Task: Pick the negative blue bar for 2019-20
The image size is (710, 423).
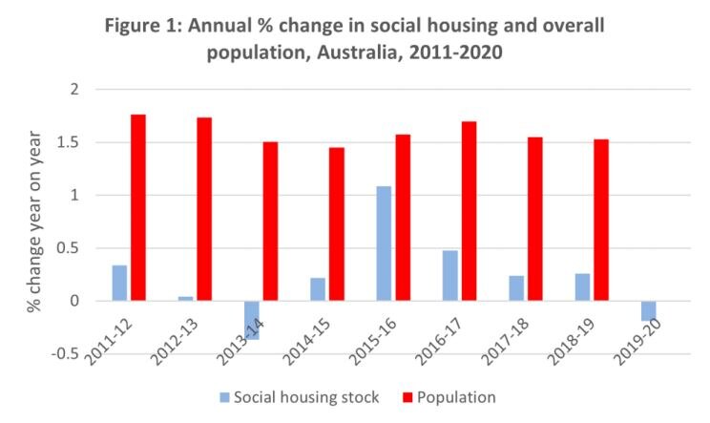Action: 648,310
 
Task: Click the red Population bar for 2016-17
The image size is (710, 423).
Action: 470,211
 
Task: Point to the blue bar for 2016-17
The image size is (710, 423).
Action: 449,276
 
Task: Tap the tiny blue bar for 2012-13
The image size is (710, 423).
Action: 184,299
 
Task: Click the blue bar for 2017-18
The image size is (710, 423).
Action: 515,288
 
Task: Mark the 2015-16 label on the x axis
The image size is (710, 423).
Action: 365,345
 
